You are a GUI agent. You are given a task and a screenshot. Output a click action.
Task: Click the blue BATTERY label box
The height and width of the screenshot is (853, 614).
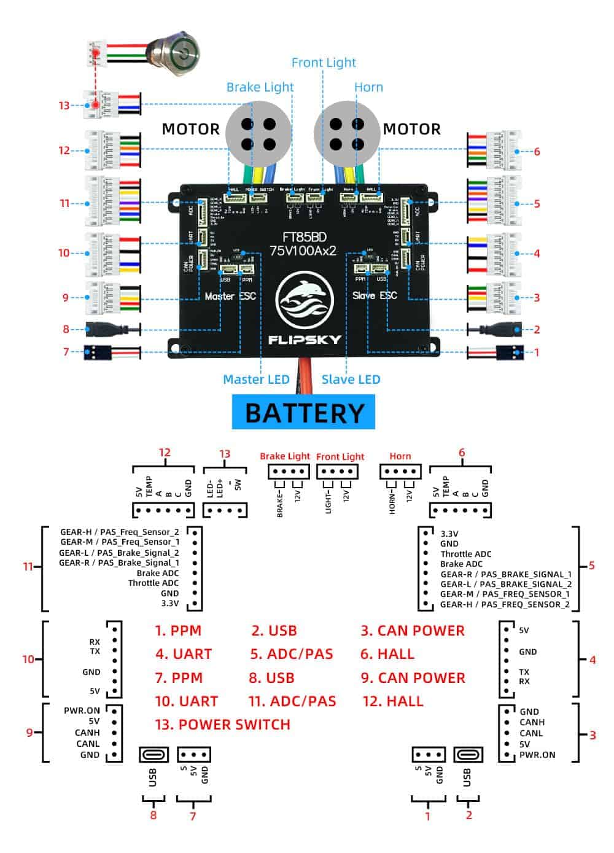coord(304,413)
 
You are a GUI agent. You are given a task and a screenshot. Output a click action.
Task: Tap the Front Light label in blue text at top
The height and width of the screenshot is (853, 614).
coord(324,63)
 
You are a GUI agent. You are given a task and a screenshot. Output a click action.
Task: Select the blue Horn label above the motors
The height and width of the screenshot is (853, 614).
coord(368,87)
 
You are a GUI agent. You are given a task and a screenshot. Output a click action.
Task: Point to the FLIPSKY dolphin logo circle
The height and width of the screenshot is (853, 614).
coord(306,301)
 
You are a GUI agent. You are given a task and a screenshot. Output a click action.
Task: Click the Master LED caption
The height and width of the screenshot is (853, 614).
coord(256,380)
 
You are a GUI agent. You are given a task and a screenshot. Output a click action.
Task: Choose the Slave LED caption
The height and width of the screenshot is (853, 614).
coord(351,380)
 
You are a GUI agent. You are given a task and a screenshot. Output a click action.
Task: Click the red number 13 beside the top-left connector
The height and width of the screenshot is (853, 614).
coord(64,106)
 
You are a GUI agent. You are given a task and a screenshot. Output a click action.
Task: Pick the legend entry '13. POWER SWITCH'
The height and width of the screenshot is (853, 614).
coord(222,725)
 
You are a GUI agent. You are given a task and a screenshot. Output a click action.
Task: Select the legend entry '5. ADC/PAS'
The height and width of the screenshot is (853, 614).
coord(292,654)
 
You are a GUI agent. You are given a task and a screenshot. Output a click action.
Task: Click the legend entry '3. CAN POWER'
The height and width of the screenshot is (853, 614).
coord(413,631)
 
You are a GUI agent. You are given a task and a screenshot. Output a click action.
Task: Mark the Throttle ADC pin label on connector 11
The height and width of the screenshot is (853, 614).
coord(153,583)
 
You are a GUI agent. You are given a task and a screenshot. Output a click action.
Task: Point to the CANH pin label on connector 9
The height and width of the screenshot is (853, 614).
coord(87,733)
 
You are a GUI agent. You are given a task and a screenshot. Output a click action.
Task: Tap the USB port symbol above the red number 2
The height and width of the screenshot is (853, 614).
coord(468,754)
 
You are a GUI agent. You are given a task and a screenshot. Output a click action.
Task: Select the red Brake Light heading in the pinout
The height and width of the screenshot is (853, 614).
coord(285,456)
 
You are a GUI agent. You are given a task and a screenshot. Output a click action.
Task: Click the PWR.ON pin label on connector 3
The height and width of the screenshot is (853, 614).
coord(537,755)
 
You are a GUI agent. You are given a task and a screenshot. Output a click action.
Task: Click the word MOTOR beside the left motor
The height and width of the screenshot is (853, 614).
coord(190,129)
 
